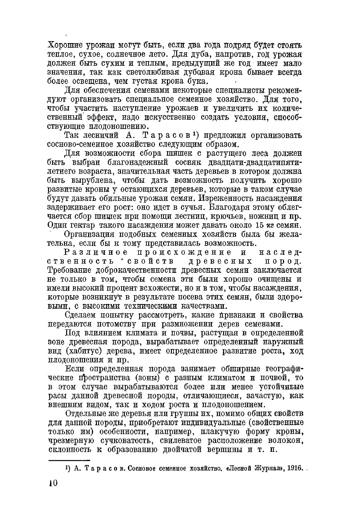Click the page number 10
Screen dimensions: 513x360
(x=53, y=484)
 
